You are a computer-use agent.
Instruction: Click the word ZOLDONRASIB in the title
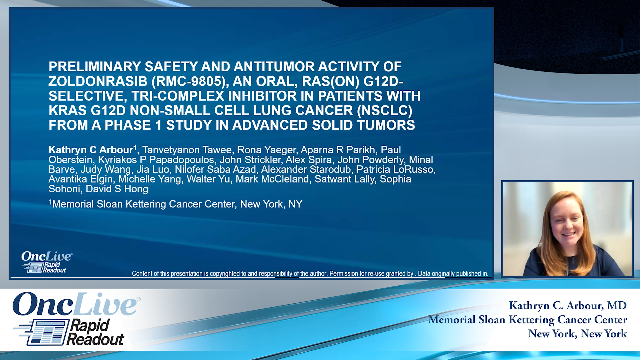(98, 81)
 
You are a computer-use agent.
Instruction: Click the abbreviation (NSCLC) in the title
(385, 111)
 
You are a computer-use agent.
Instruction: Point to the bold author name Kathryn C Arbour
(91, 150)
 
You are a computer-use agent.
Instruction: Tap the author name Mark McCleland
(272, 179)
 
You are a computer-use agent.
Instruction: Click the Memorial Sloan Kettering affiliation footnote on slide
(176, 204)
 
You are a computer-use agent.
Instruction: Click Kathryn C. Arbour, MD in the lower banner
(567, 305)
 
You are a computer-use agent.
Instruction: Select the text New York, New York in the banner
(577, 334)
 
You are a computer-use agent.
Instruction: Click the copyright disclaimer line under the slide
(310, 274)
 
